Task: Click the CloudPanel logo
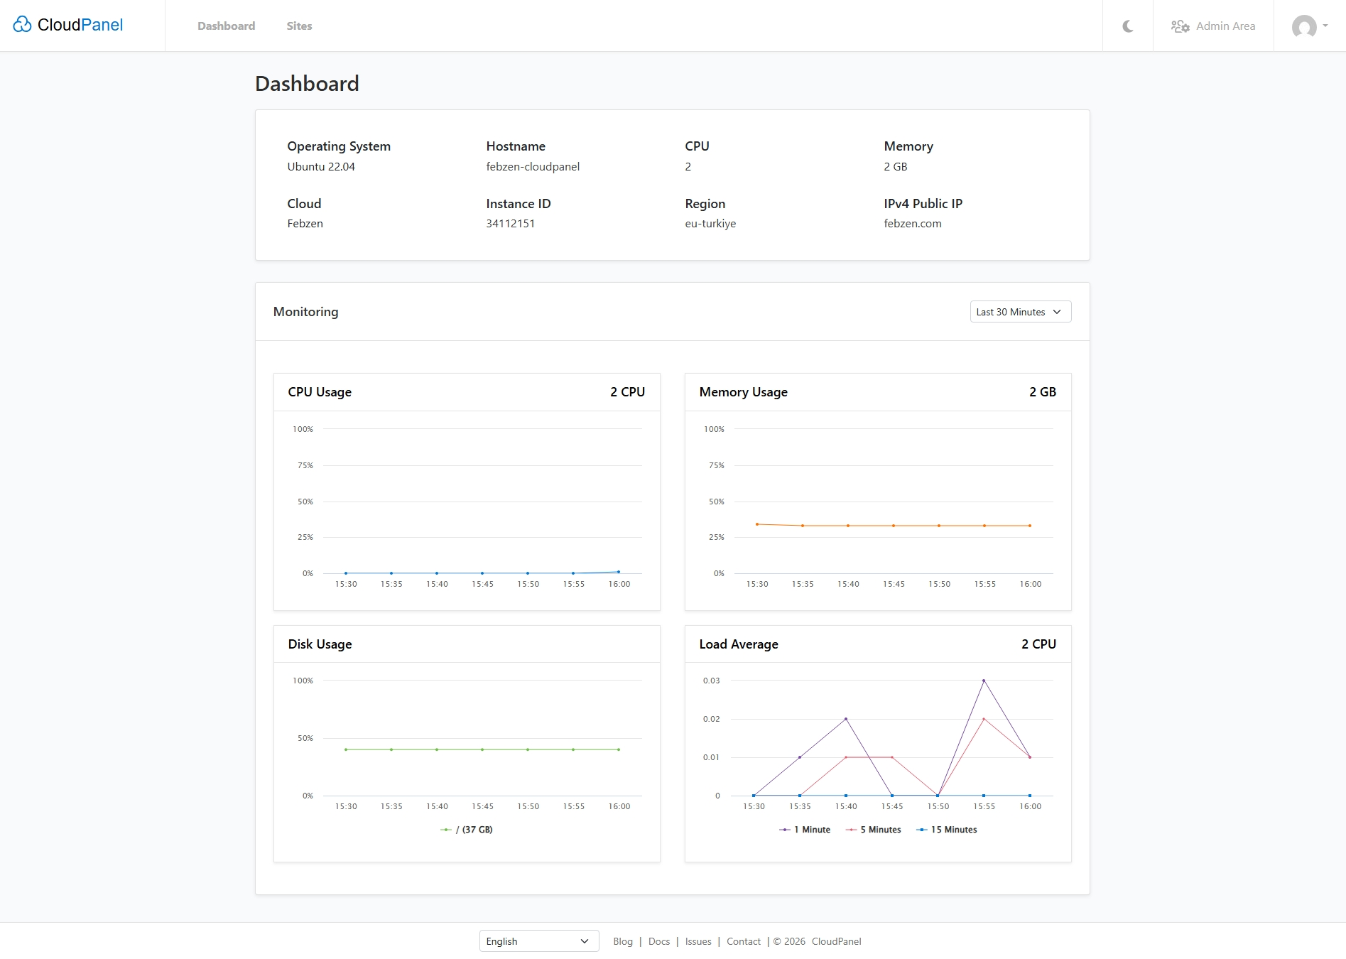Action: click(68, 25)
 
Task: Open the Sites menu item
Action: click(299, 26)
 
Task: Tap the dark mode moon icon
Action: click(1127, 26)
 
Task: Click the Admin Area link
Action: click(1213, 26)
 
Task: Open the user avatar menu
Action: click(1308, 26)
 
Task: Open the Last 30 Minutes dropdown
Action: click(1020, 312)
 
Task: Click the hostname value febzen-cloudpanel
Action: click(533, 167)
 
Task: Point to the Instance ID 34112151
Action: click(510, 224)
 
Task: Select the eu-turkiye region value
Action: click(710, 224)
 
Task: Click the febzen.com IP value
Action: click(912, 224)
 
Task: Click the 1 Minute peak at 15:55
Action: click(984, 681)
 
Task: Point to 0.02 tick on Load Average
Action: click(711, 719)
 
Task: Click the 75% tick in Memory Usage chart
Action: click(716, 465)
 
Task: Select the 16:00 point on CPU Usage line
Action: click(619, 572)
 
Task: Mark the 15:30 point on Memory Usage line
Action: click(757, 524)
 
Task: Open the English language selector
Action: click(538, 941)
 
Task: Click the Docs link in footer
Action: click(658, 941)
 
